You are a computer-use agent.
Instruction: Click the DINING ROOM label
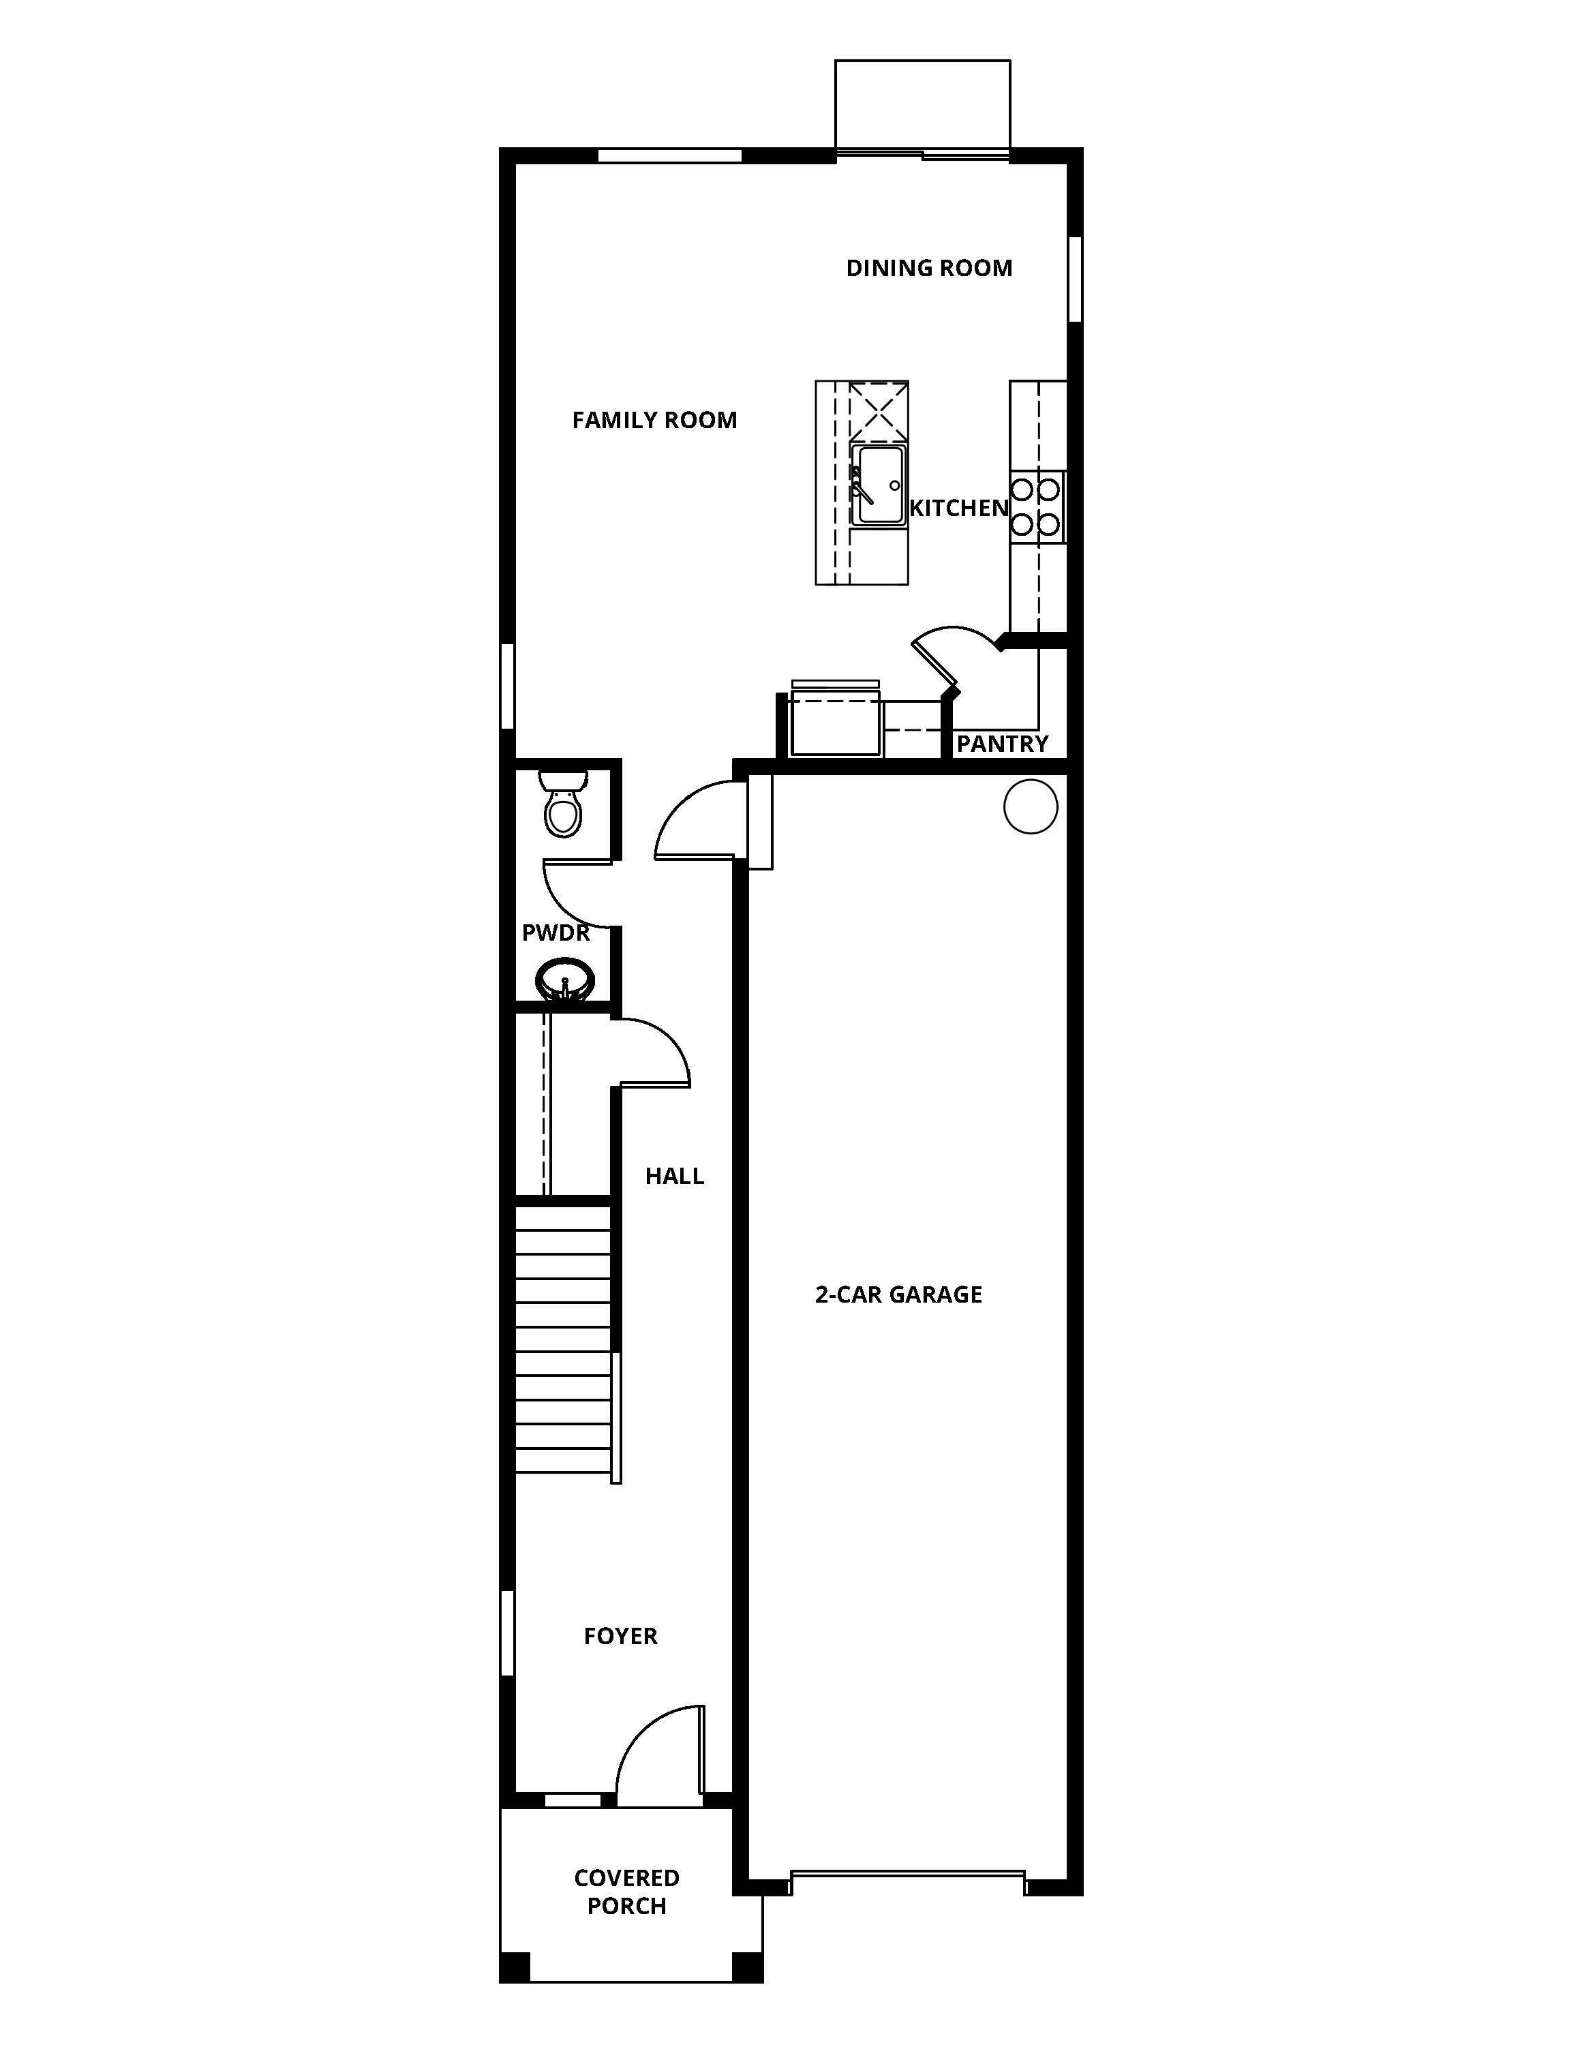coord(929,268)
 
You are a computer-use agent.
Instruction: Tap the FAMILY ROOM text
coord(654,420)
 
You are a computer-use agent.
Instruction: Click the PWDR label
coord(556,932)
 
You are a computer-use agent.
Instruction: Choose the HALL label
coord(674,1177)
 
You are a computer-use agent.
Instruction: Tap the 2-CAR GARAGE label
coord(898,1294)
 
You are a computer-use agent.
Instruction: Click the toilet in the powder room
coord(563,806)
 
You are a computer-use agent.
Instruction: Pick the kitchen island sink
coord(878,485)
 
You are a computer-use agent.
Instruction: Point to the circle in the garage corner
coord(1030,806)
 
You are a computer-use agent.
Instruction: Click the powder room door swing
coord(574,895)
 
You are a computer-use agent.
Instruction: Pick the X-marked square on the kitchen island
coord(878,410)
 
